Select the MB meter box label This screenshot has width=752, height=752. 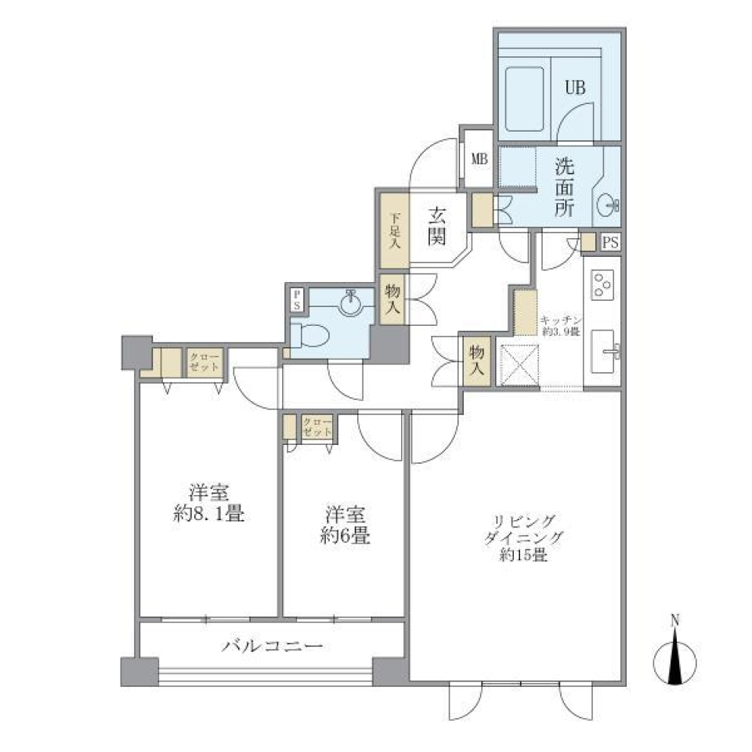coord(479,159)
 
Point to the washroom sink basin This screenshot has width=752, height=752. coord(608,206)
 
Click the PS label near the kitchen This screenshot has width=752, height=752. coord(611,243)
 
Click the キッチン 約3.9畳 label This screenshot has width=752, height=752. coord(559,326)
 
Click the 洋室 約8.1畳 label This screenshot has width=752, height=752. coord(209,504)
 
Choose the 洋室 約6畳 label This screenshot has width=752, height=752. coord(345,526)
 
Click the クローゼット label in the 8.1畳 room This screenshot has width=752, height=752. coord(204,363)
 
